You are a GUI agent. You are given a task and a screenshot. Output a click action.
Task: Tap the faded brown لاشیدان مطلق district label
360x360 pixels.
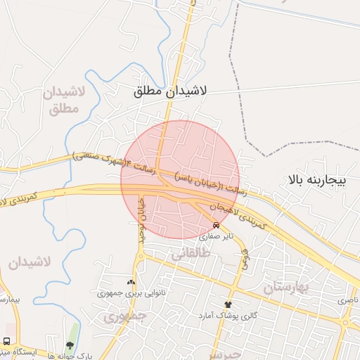(63, 101)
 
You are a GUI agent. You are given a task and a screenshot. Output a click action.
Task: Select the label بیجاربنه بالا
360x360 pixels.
(318, 180)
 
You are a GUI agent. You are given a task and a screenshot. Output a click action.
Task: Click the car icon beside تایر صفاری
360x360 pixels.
(216, 226)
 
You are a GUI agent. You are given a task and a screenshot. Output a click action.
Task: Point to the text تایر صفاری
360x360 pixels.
(215, 237)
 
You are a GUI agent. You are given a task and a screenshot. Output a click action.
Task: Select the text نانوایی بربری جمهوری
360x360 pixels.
(131, 292)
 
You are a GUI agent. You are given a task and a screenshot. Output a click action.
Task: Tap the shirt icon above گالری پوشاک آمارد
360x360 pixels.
(227, 304)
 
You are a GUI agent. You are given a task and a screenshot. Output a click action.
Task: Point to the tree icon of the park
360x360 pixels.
(69, 345)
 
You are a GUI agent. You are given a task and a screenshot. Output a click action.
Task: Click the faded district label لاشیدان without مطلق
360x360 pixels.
(30, 262)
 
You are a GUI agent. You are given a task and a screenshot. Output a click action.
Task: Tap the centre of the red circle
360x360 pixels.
(180, 179)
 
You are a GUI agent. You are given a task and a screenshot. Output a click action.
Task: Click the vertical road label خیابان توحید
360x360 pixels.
(141, 218)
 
